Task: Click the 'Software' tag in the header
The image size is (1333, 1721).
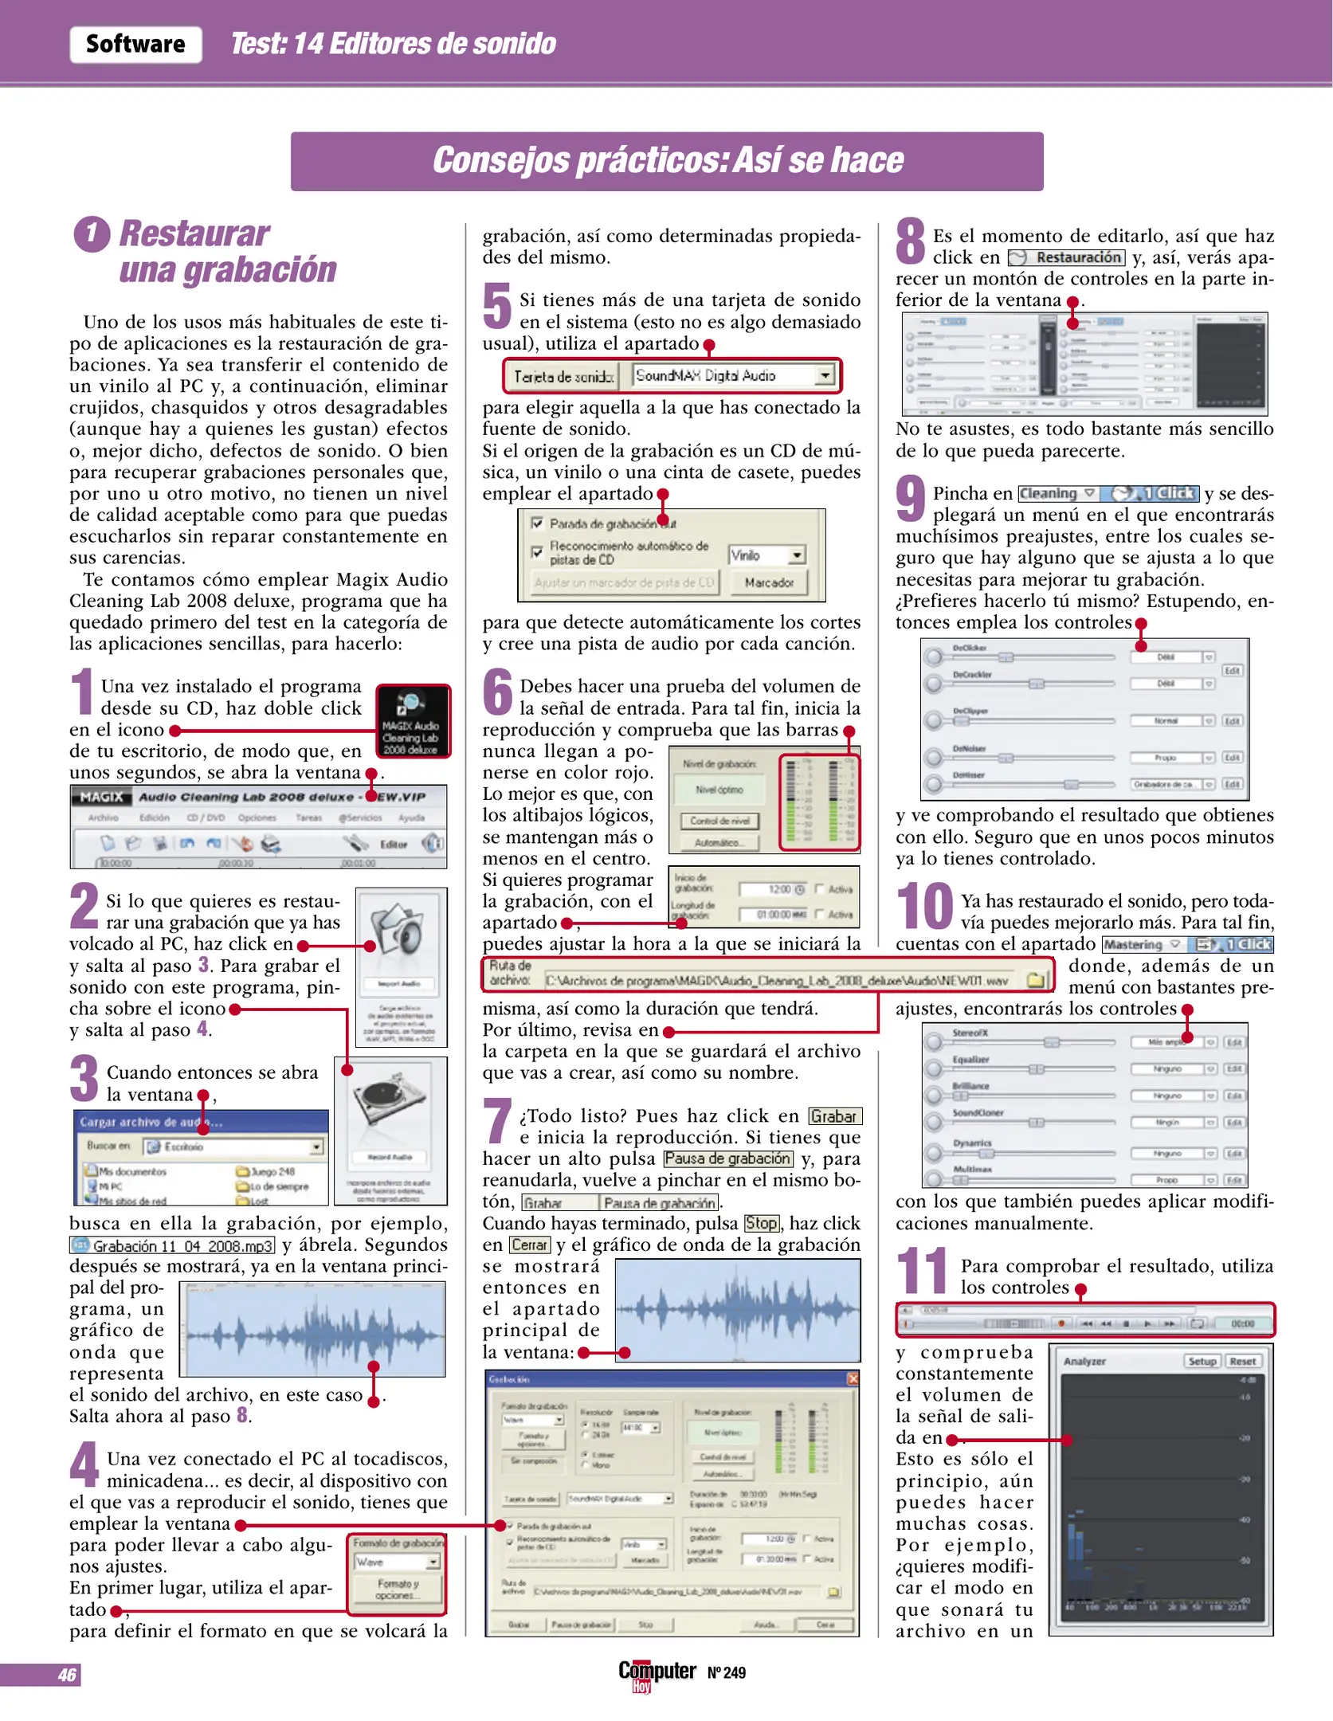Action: [x=135, y=44]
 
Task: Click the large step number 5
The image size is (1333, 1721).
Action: [x=497, y=307]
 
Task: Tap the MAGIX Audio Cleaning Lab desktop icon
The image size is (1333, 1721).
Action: [x=412, y=721]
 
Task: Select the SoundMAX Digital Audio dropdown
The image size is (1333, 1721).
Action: [x=734, y=375]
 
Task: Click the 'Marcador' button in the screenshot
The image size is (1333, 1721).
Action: [x=769, y=582]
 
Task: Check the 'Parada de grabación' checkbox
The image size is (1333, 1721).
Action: [x=538, y=523]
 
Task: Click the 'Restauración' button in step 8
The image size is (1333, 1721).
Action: [x=1067, y=257]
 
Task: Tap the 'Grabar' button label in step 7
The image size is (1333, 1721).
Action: [x=835, y=1116]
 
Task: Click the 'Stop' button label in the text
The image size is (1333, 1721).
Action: [x=761, y=1223]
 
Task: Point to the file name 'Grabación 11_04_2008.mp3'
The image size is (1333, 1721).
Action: [x=173, y=1245]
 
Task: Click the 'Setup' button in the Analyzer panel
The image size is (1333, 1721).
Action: [x=1202, y=1362]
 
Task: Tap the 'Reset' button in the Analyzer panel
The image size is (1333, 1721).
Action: [x=1243, y=1362]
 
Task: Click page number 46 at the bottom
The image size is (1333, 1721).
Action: [x=67, y=1676]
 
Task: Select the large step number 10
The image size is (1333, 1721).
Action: [x=924, y=908]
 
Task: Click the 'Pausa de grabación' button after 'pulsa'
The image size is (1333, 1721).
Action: [x=727, y=1158]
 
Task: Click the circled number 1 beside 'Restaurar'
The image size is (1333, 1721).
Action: [x=92, y=234]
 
